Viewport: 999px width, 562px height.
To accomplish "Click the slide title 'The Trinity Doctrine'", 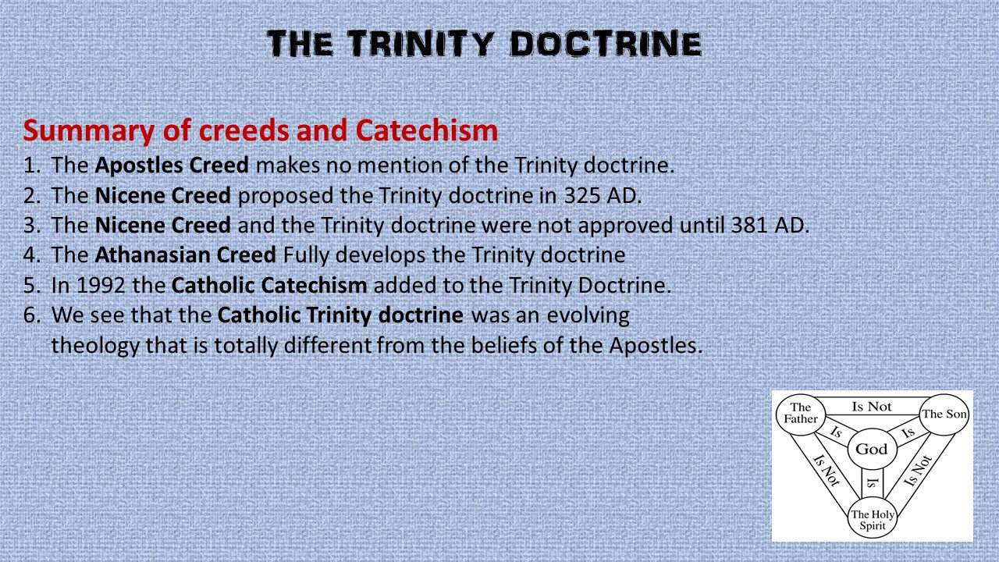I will [x=484, y=44].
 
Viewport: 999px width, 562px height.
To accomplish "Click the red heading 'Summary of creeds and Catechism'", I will [x=261, y=130].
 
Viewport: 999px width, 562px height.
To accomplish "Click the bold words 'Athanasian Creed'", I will [x=186, y=255].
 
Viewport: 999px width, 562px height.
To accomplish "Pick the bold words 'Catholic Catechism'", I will [x=268, y=285].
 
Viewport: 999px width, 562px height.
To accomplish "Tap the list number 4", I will [x=31, y=255].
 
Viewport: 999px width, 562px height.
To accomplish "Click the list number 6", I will [x=31, y=315].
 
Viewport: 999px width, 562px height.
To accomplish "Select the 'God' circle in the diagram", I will [x=872, y=449].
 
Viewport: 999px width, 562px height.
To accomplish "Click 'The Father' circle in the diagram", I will [x=801, y=413].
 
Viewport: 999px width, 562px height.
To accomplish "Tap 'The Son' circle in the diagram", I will [x=944, y=414].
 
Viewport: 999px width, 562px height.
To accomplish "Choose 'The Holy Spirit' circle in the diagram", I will [x=873, y=519].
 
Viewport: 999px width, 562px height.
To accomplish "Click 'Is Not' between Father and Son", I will [x=872, y=406].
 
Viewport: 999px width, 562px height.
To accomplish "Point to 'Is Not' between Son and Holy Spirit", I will [x=919, y=471].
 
